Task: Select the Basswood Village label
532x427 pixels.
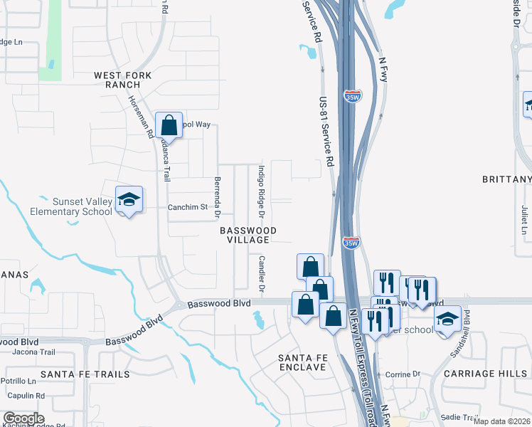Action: [248, 235]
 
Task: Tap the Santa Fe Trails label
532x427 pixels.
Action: [85, 374]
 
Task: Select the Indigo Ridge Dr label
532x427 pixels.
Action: [261, 192]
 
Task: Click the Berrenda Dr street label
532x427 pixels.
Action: [218, 197]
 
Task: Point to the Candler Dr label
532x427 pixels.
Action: [261, 275]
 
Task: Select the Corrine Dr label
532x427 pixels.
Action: [403, 374]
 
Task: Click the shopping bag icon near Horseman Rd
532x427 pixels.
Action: [170, 127]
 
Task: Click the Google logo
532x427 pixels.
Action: [23, 418]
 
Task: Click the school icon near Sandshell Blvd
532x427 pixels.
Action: [447, 320]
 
